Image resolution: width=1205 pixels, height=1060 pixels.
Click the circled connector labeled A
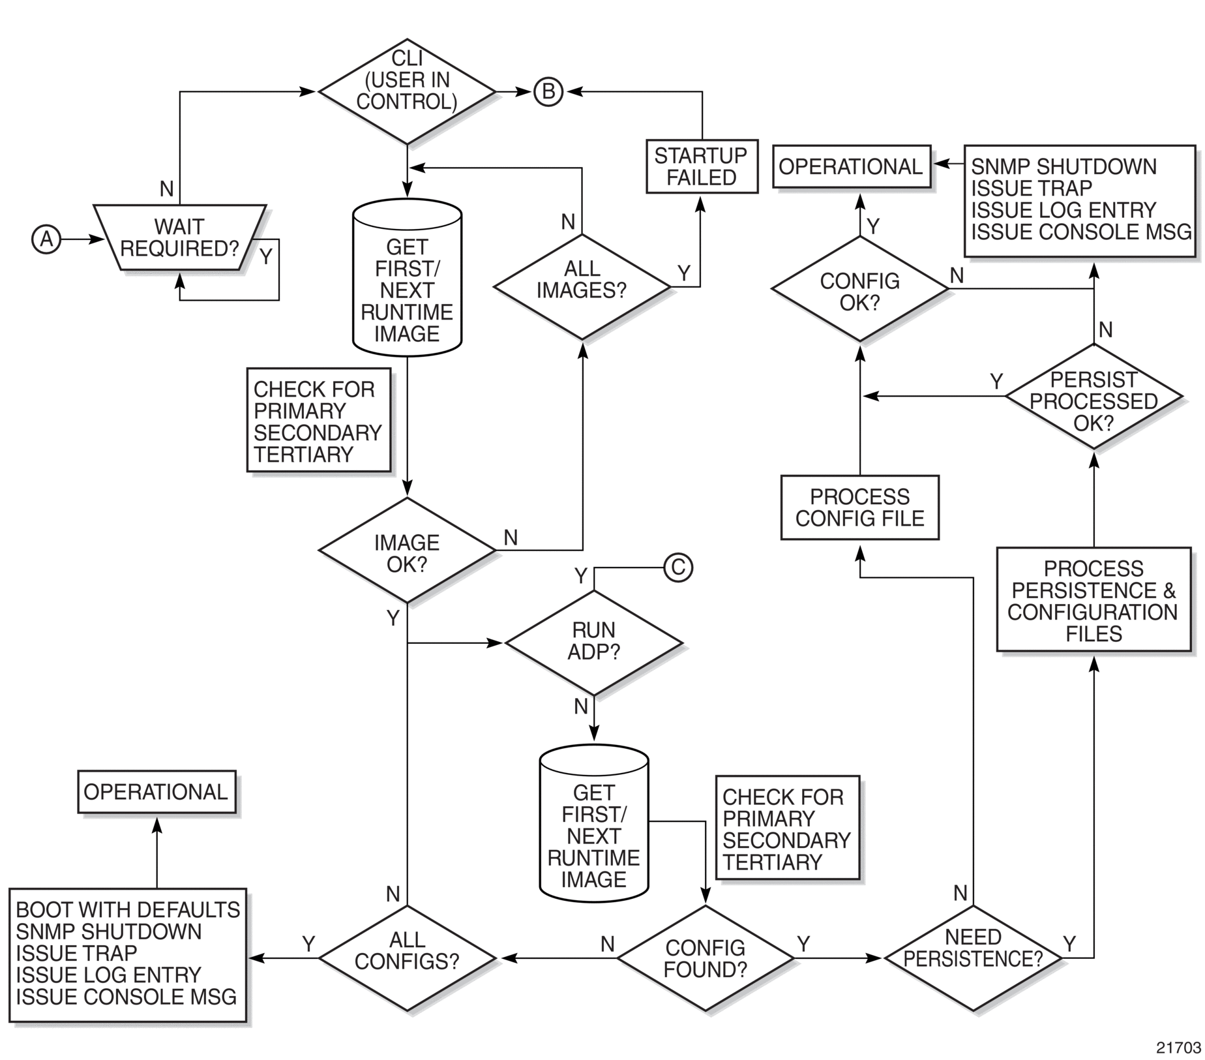pyautogui.click(x=46, y=239)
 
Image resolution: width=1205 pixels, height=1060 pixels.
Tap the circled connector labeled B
pyautogui.click(x=548, y=92)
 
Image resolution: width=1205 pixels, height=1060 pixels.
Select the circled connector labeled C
pyautogui.click(x=678, y=568)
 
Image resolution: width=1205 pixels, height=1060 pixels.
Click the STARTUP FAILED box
pyautogui.click(x=702, y=166)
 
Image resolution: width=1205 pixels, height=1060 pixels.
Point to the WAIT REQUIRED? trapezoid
pyautogui.click(x=180, y=237)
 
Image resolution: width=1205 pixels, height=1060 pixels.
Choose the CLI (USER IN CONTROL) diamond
pyautogui.click(x=407, y=91)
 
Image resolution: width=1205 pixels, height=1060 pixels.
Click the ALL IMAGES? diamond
pyautogui.click(x=582, y=287)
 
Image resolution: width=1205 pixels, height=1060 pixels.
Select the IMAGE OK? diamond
pyautogui.click(x=407, y=551)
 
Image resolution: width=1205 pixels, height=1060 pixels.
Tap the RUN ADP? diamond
pyautogui.click(x=594, y=643)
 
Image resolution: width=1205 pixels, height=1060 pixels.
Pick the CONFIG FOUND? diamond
pyautogui.click(x=706, y=958)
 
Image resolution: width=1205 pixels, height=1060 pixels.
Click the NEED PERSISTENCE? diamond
pyautogui.click(x=973, y=958)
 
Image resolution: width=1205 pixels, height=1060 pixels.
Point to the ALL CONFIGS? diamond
pyautogui.click(x=407, y=958)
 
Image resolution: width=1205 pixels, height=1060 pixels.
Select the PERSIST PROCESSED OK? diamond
pyautogui.click(x=1093, y=397)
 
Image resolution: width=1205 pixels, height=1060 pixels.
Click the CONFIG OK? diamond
pyautogui.click(x=860, y=288)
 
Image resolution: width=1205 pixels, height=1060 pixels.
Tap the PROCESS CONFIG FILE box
pyautogui.click(x=860, y=507)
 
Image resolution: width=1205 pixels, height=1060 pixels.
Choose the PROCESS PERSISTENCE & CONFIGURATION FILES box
pyautogui.click(x=1093, y=599)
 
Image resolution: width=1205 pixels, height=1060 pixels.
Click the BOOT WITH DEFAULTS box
pyautogui.click(x=128, y=955)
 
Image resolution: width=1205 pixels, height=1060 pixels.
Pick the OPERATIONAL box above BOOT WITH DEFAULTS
pyautogui.click(x=156, y=792)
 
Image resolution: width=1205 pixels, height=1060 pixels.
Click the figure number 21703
pyautogui.click(x=1178, y=1048)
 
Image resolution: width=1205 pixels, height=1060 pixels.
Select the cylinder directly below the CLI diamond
pyautogui.click(x=407, y=277)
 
